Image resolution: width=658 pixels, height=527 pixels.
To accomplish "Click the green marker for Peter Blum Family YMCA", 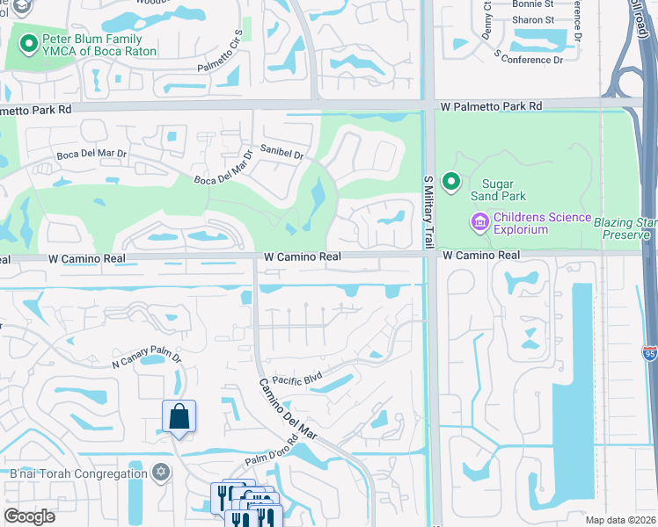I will click(29, 40).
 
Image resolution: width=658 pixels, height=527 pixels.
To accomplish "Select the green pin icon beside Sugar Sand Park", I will click(451, 182).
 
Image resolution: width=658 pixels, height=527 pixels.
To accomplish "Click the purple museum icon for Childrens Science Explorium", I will click(479, 220).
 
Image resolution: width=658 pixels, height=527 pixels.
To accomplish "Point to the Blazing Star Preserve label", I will click(625, 228).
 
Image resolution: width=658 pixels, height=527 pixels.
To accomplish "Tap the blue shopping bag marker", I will click(179, 417).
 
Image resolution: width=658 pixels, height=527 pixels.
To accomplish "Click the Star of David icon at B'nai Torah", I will click(160, 473).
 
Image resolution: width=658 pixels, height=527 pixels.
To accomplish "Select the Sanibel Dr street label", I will click(281, 153).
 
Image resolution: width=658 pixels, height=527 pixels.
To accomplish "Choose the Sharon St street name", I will click(533, 20).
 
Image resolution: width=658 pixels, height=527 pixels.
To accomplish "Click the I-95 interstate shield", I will click(649, 353).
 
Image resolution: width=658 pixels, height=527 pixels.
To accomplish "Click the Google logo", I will click(29, 516).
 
